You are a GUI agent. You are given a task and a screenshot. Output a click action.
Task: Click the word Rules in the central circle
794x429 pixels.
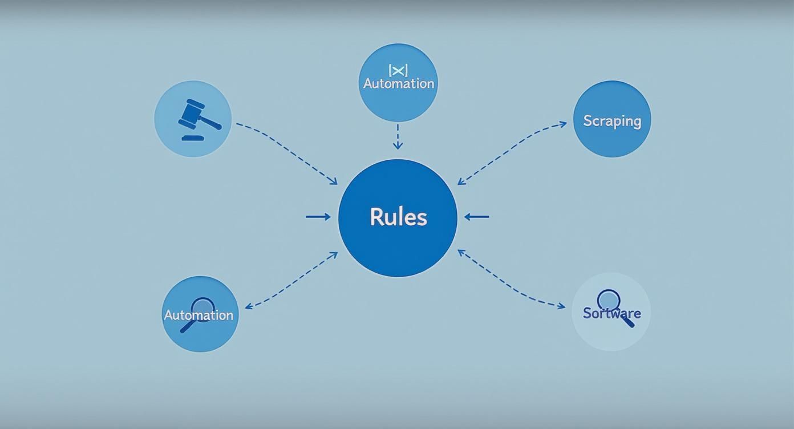(x=398, y=217)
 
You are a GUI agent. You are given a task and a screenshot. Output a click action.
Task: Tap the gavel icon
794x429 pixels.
(x=198, y=116)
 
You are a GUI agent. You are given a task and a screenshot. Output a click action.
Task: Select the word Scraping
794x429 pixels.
(x=612, y=121)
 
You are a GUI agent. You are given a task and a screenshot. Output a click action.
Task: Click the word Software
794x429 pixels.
(x=611, y=313)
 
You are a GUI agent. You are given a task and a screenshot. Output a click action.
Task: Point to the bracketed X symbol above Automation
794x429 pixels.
(x=398, y=70)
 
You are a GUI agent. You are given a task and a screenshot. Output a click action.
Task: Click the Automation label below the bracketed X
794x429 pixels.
(x=398, y=84)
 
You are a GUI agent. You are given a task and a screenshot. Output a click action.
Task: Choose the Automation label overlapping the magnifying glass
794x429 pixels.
(x=198, y=315)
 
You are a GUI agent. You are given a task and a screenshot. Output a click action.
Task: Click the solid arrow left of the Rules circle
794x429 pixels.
(x=318, y=217)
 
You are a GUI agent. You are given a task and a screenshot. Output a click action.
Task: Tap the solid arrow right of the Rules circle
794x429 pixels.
(x=477, y=217)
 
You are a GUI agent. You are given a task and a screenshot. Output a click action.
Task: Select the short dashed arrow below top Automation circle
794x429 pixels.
(x=398, y=137)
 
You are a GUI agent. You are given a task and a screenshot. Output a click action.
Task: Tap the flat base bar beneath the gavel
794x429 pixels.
(x=192, y=137)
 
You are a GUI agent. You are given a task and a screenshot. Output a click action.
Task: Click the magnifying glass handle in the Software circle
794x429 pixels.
(x=627, y=321)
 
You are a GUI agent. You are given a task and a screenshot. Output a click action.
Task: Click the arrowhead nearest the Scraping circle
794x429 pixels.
(x=564, y=123)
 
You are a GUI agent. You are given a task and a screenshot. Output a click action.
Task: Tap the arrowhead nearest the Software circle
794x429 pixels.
(x=561, y=307)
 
